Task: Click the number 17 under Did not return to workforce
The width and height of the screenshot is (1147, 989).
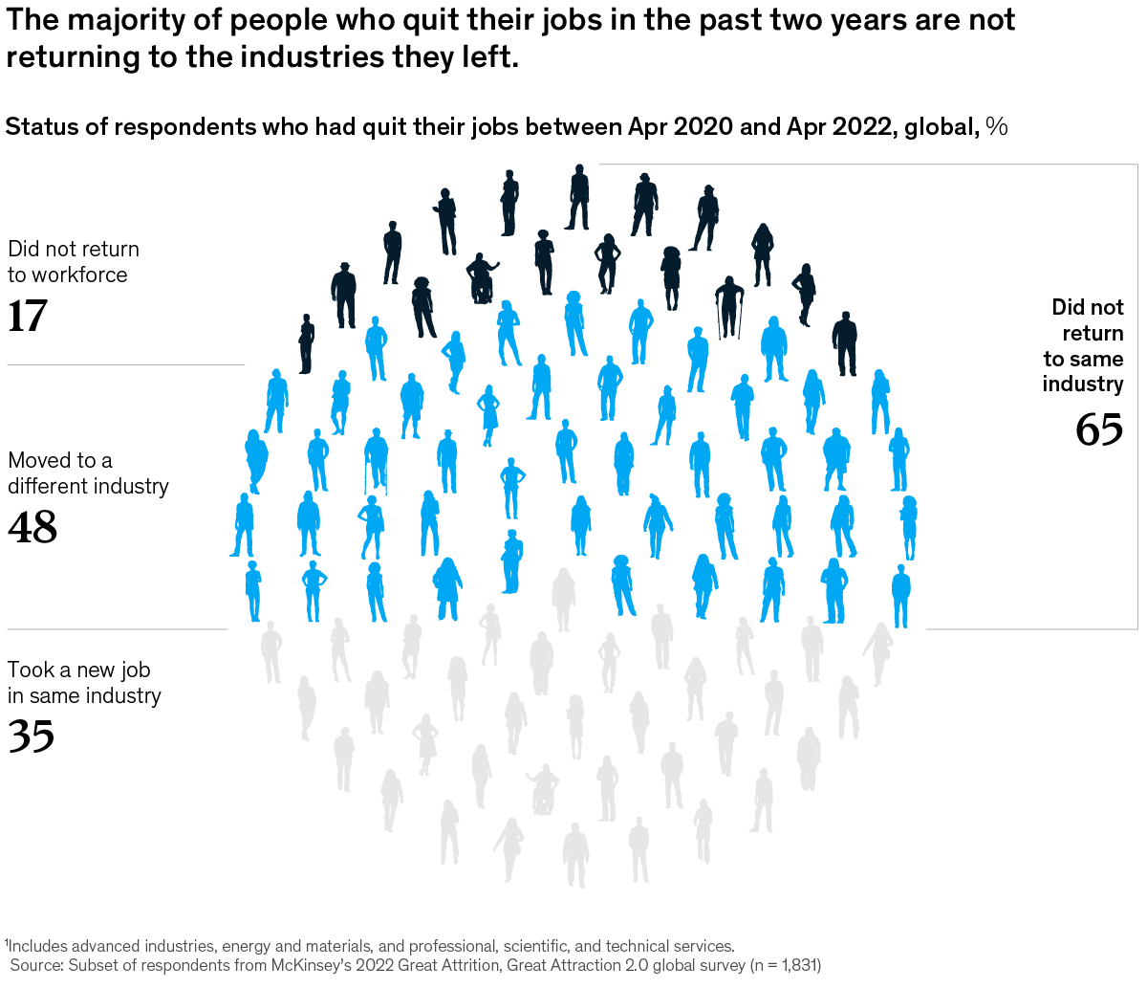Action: point(27,317)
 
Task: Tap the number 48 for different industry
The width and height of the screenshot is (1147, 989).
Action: point(32,527)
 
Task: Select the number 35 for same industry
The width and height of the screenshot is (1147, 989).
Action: point(31,736)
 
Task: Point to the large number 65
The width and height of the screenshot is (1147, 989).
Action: point(1099,429)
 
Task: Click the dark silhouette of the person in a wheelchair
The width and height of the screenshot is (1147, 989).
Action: point(482,279)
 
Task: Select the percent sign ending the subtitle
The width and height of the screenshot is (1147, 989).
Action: point(997,127)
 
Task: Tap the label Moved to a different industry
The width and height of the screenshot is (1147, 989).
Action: point(88,473)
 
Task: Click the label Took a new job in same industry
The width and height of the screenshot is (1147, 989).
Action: point(84,683)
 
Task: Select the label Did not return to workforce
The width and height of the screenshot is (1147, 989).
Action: point(73,262)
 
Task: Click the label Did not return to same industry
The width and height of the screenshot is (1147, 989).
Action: point(1084,345)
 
